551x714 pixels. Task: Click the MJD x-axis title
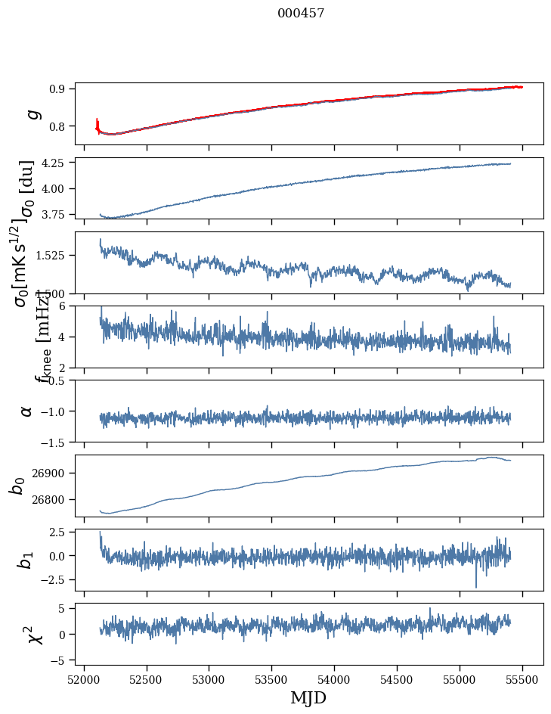pos(308,698)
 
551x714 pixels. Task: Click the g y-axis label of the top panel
pos(32,114)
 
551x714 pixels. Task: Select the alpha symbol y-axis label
pos(26,411)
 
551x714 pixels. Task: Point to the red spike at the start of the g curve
pos(98,123)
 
